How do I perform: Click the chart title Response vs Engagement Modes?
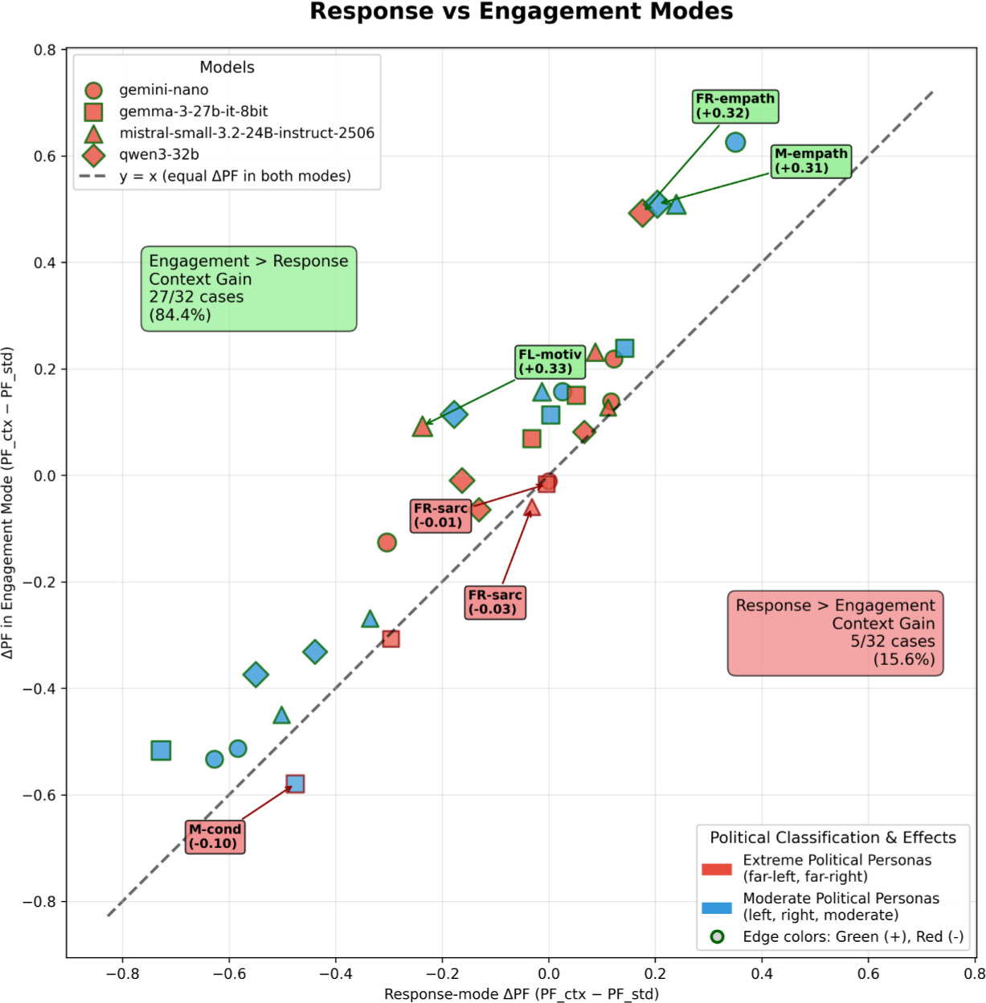pos(521,12)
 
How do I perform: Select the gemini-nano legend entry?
pos(163,90)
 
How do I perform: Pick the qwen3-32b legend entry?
pos(158,154)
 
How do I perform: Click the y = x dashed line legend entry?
pos(235,176)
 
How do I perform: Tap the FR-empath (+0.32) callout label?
pos(735,106)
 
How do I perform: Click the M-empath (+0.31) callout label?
pos(811,161)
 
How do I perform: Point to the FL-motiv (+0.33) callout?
pos(550,361)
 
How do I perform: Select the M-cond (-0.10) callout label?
pos(215,836)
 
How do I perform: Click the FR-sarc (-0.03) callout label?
pos(495,601)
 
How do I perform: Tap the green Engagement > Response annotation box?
pos(248,288)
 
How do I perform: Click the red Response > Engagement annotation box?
pos(835,633)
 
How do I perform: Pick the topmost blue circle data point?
pos(734,142)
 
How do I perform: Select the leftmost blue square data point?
pos(161,750)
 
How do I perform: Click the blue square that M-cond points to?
pos(295,783)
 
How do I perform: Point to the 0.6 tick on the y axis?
pos(45,156)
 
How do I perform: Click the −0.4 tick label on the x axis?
pos(335,973)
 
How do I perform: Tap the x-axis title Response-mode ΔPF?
pos(521,994)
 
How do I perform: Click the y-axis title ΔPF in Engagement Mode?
pos(8,503)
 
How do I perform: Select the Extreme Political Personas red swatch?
pos(716,869)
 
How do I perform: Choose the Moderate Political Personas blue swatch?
pos(716,907)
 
